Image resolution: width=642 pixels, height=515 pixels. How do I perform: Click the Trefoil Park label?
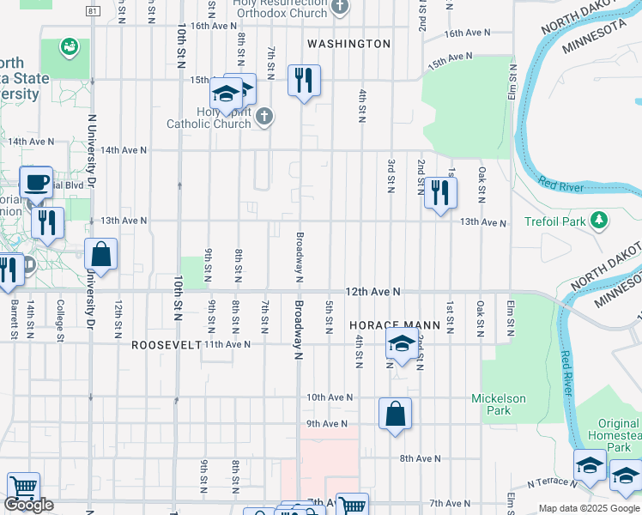click(554, 221)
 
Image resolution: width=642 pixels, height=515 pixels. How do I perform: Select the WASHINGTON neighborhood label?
click(348, 44)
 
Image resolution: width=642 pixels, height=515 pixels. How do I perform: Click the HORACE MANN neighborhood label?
click(394, 326)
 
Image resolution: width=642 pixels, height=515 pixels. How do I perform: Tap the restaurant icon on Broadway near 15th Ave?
click(304, 81)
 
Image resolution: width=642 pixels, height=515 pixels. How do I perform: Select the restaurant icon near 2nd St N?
click(440, 192)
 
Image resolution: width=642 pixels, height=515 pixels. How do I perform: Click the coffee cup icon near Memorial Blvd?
click(36, 182)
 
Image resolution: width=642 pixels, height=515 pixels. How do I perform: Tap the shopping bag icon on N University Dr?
click(101, 254)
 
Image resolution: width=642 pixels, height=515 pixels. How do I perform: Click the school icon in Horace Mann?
click(401, 344)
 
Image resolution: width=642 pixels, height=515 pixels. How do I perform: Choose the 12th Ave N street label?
click(372, 292)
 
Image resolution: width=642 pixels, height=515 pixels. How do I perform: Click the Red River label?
click(562, 185)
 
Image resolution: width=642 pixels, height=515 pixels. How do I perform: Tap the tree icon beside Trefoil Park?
click(599, 221)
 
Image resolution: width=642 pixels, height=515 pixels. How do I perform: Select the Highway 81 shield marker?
click(93, 10)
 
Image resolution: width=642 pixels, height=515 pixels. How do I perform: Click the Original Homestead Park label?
click(618, 435)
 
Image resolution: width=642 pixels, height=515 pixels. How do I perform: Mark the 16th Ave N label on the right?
click(467, 33)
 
